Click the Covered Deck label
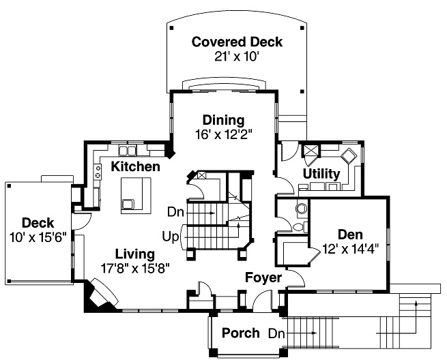(237, 42)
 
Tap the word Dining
(223, 121)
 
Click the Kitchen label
(136, 166)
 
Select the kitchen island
(136, 194)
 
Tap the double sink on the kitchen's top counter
(128, 150)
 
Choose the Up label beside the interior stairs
(171, 237)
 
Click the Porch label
(241, 333)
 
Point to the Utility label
(321, 174)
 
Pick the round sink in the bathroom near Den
(302, 209)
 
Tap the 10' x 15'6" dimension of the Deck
(38, 236)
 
